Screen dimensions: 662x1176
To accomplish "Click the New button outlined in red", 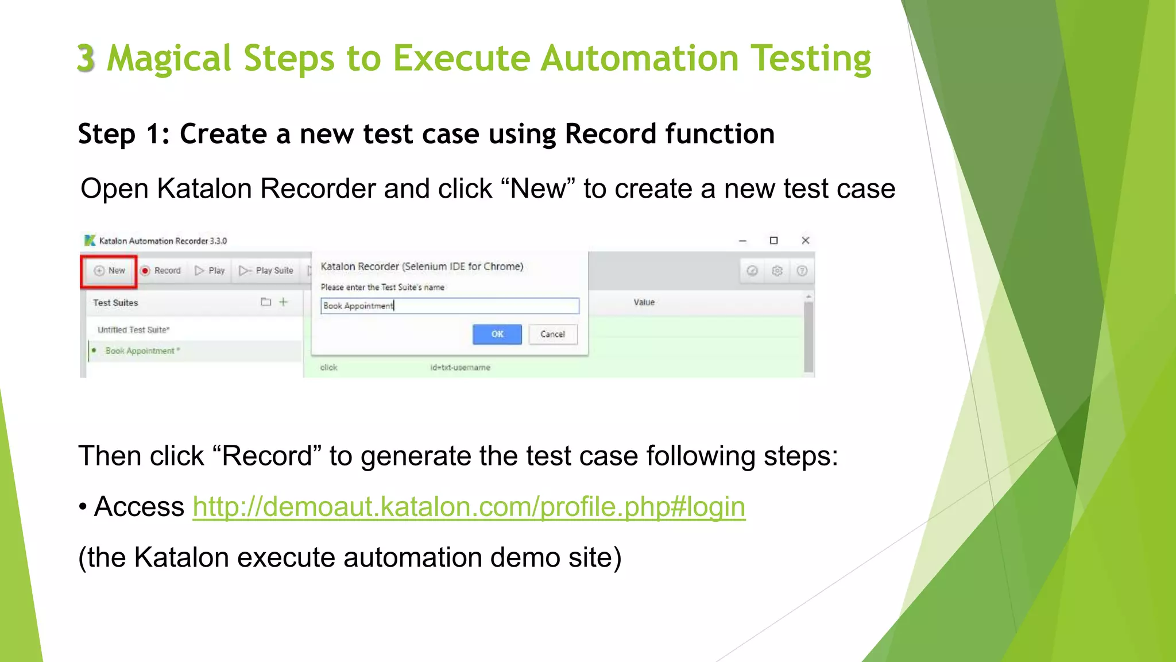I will [109, 271].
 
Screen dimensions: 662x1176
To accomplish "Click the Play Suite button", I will [266, 271].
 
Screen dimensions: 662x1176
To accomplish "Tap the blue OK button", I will [497, 334].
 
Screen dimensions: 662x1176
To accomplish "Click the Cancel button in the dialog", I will [552, 334].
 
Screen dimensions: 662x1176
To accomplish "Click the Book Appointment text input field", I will [449, 306].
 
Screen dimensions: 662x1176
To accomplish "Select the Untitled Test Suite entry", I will [133, 330].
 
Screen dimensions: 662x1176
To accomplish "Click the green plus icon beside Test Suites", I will [283, 302].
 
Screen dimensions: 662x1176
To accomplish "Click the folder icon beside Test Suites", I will [265, 302].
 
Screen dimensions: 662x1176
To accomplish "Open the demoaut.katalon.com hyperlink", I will [469, 507].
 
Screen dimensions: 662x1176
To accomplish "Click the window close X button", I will [805, 241].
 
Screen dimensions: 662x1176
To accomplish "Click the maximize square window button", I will [773, 241].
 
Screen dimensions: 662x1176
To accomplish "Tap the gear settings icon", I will [777, 271].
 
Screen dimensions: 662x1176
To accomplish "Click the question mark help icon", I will [802, 271].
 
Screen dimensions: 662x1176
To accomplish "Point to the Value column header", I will [644, 302].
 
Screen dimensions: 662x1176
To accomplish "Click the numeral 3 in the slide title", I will [86, 59].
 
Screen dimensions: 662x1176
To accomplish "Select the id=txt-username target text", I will [460, 367].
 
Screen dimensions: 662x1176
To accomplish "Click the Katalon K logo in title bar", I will [90, 240].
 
